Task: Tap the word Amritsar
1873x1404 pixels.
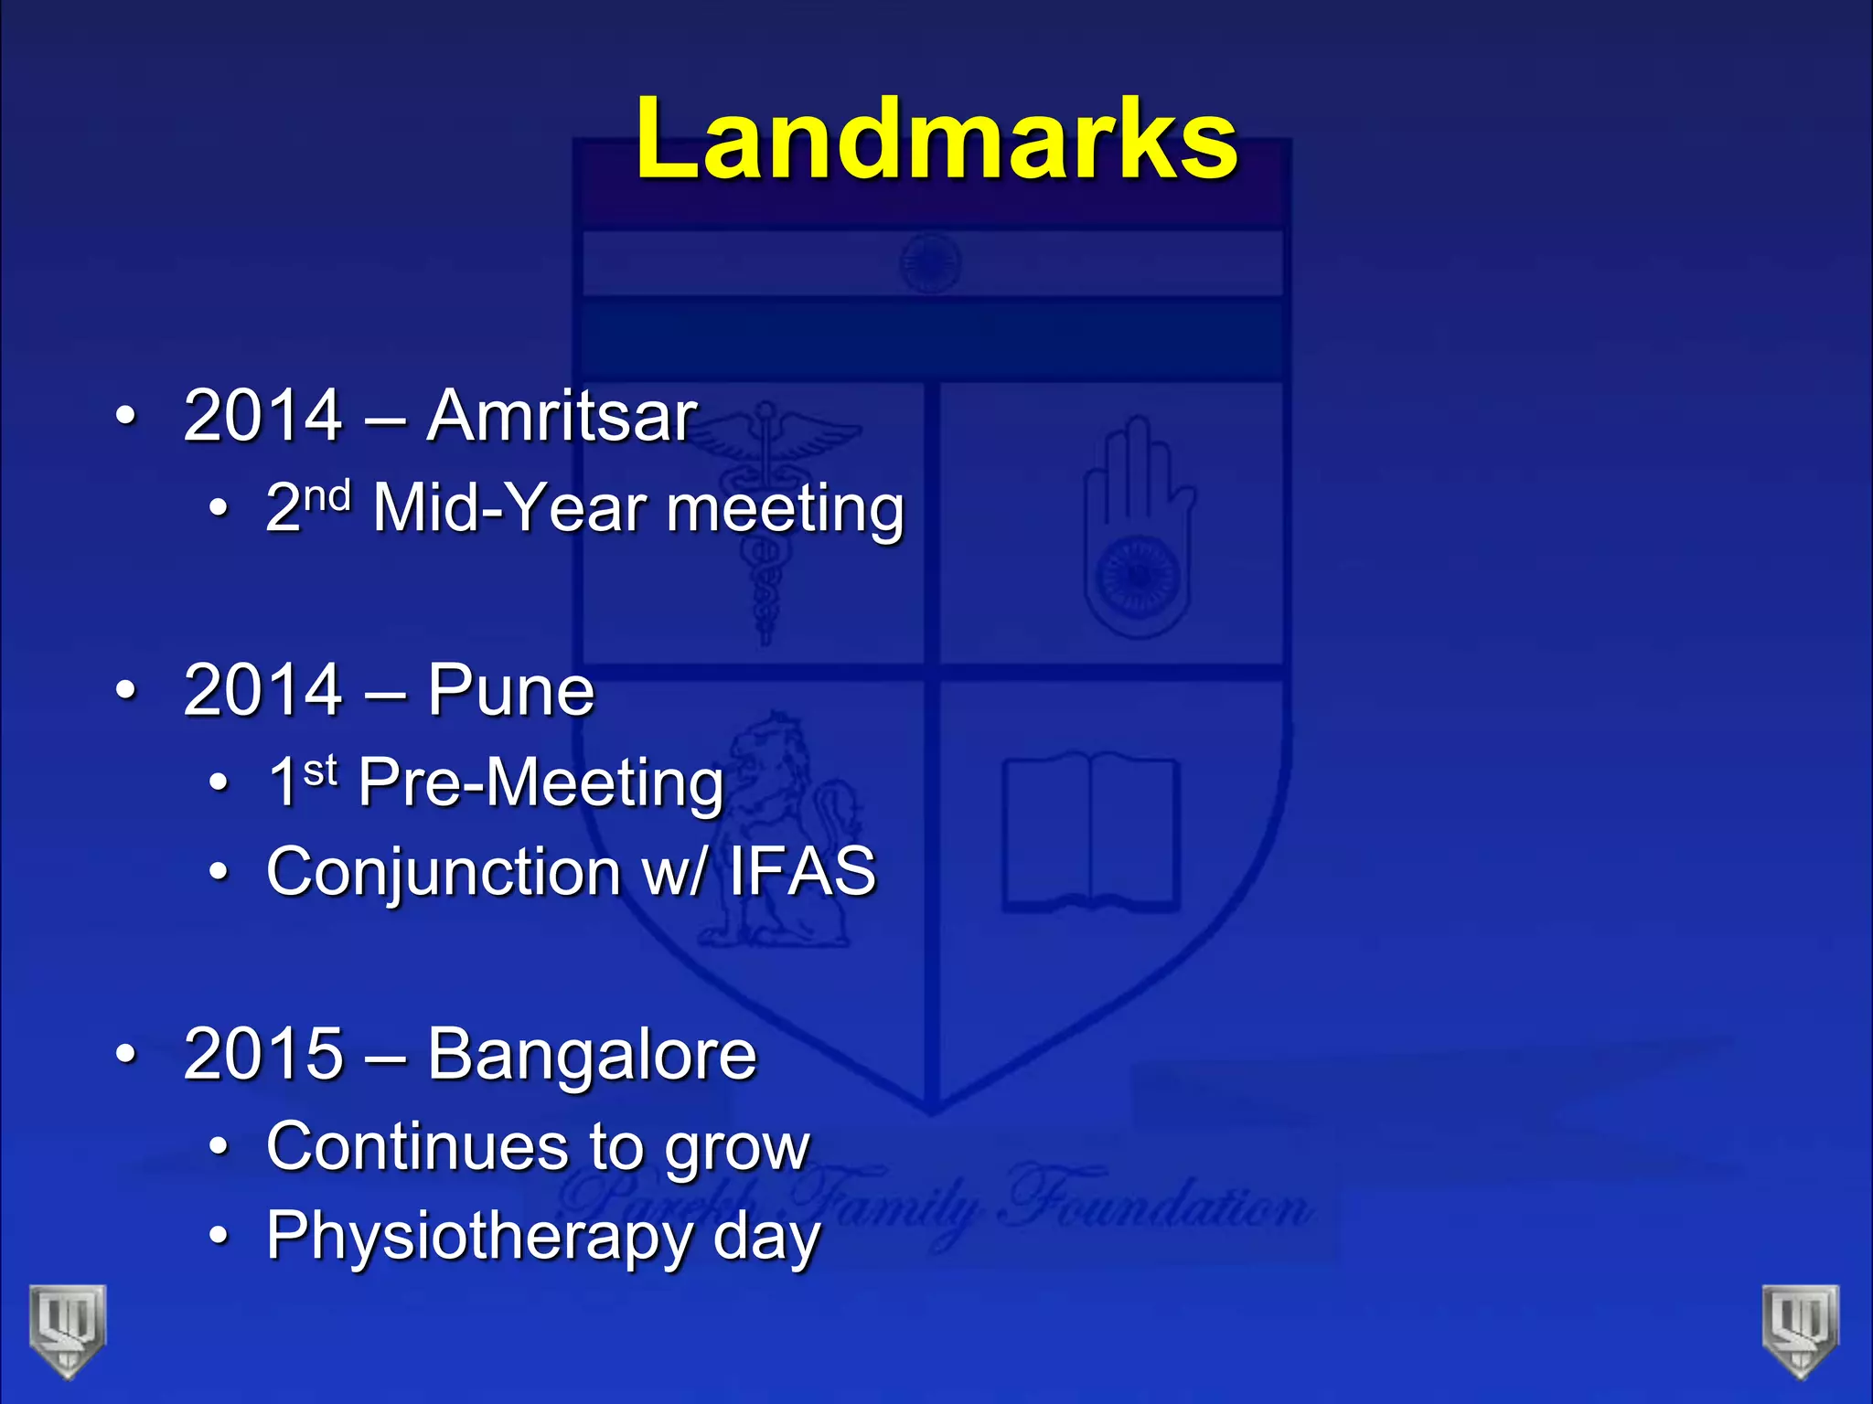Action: coord(562,416)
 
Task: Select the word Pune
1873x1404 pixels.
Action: coord(510,690)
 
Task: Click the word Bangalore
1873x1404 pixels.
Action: coord(592,1056)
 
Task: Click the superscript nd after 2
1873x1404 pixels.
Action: coord(327,496)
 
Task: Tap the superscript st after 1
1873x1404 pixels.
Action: coord(321,771)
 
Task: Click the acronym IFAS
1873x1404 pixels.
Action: coord(802,871)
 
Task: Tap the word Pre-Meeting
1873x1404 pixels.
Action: coord(541,783)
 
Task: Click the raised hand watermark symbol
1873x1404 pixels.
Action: coord(1138,530)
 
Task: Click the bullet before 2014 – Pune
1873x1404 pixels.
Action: coord(126,690)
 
